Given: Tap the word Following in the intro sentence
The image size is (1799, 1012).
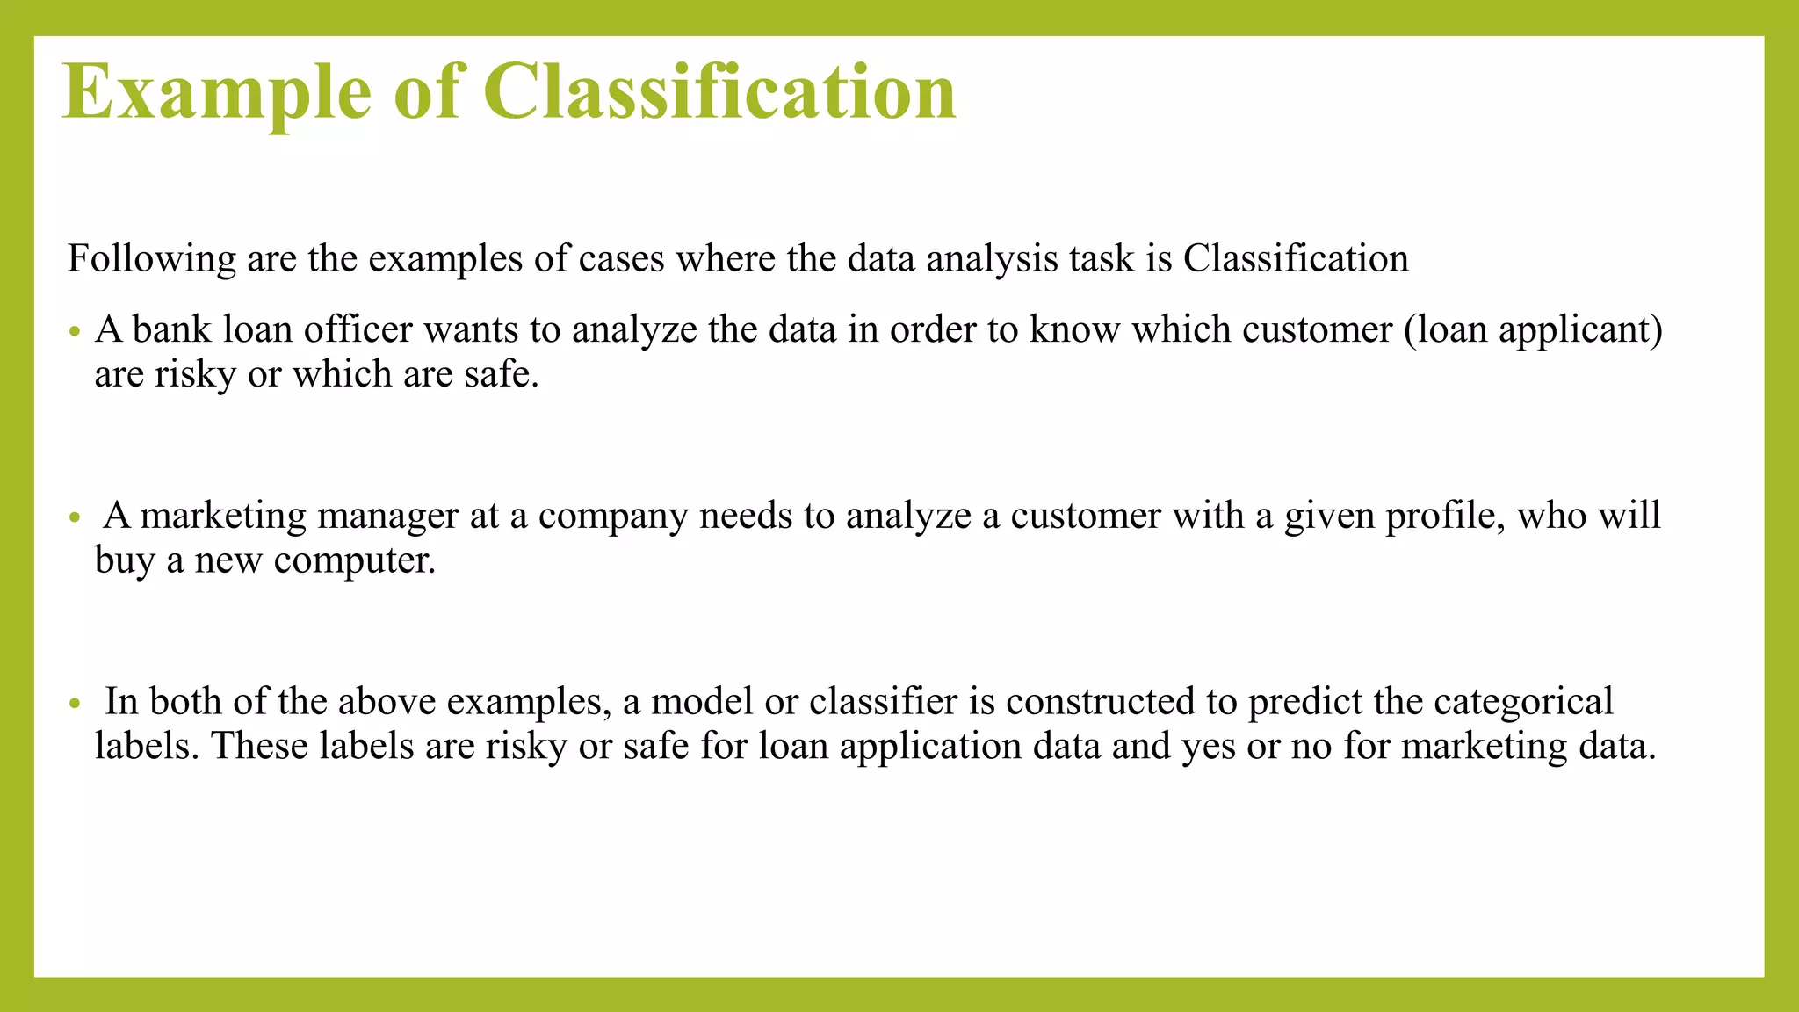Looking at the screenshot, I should pos(151,259).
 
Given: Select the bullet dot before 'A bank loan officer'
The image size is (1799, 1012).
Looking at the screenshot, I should pos(75,333).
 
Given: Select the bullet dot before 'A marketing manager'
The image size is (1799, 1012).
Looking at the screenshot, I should pos(75,518).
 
